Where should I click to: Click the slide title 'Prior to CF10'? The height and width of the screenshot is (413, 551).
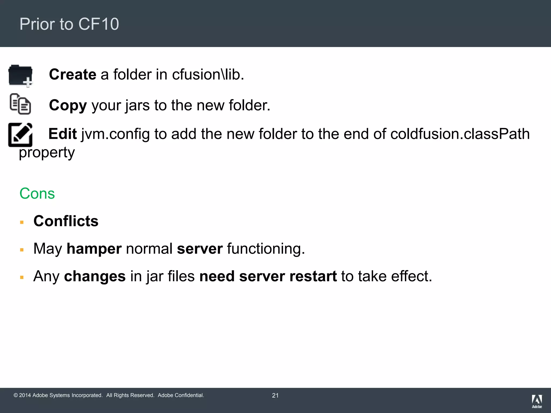pyautogui.click(x=69, y=24)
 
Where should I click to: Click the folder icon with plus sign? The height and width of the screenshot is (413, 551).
pyautogui.click(x=20, y=76)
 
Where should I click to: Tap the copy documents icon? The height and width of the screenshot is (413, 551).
pyautogui.click(x=20, y=104)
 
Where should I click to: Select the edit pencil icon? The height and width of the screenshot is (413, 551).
pyautogui.click(x=20, y=135)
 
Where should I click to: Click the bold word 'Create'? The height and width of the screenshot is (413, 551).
pyautogui.click(x=73, y=74)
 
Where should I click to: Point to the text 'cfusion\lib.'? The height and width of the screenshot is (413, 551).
pyautogui.click(x=208, y=74)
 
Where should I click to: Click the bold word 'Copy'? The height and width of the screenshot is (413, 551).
pyautogui.click(x=68, y=105)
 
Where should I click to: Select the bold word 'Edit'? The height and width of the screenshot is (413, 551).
pyautogui.click(x=63, y=134)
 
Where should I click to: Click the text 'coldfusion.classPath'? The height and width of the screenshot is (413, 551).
pyautogui.click(x=460, y=134)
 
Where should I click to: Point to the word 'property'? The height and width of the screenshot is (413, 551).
pyautogui.click(x=47, y=153)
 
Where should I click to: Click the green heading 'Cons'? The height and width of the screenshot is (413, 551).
pyautogui.click(x=37, y=194)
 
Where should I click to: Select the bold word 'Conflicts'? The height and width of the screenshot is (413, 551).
pyautogui.click(x=66, y=221)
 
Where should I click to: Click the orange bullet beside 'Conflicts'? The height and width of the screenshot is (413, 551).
pyautogui.click(x=22, y=222)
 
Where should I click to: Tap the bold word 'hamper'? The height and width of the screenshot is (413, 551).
pyautogui.click(x=94, y=249)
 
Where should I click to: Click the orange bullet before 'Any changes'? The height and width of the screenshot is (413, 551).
pyautogui.click(x=22, y=277)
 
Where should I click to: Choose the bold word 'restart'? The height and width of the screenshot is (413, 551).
pyautogui.click(x=313, y=276)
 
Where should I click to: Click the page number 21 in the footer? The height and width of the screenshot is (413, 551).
pyautogui.click(x=275, y=396)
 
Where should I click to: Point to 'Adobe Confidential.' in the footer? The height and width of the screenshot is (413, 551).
pyautogui.click(x=181, y=395)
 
